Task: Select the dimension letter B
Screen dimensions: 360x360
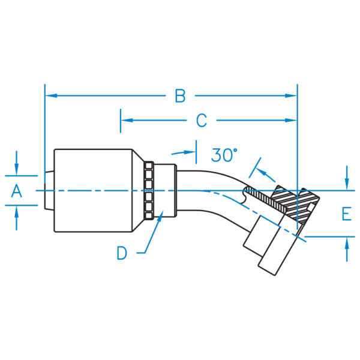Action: click(180, 95)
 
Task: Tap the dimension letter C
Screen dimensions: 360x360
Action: click(202, 121)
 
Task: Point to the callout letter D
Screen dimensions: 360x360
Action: click(122, 253)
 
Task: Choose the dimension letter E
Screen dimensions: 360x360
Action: click(346, 214)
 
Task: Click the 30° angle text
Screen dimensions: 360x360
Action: click(224, 155)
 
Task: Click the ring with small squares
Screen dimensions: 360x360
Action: click(148, 190)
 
